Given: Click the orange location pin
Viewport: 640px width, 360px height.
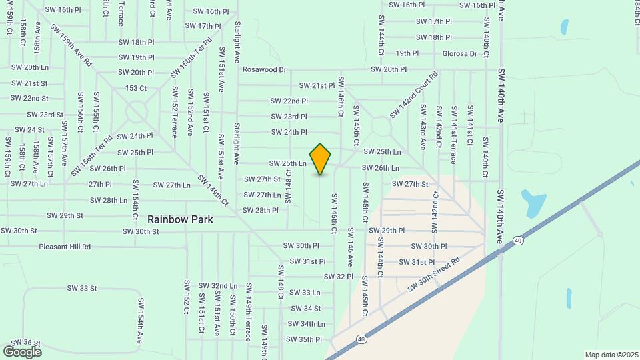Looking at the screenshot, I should click(321, 159).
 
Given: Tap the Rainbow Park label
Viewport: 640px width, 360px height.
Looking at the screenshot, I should click(180, 219).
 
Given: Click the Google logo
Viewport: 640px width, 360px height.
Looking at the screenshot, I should click(22, 351).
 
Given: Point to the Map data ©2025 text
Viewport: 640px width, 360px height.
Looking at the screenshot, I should click(611, 355).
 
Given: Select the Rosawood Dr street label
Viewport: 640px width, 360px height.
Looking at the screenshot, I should click(264, 69).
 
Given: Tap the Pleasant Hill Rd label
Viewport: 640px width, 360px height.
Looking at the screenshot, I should click(65, 247).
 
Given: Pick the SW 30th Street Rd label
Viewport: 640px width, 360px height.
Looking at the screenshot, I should click(434, 275).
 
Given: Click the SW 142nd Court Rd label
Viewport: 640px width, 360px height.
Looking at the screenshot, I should click(414, 95).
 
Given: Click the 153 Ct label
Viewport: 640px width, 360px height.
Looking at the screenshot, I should click(136, 88).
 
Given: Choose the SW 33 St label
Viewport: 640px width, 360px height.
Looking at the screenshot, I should click(82, 288).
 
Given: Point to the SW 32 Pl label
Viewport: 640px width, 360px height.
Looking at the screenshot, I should click(338, 276).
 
